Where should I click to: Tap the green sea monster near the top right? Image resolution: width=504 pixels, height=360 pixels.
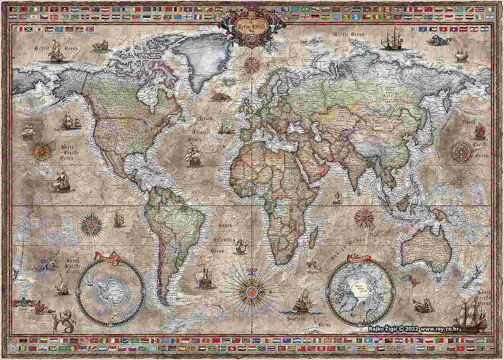(439, 40)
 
